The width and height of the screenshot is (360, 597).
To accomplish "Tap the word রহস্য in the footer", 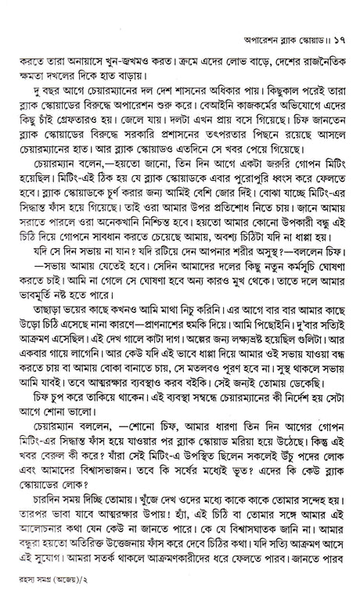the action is click(26, 580).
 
